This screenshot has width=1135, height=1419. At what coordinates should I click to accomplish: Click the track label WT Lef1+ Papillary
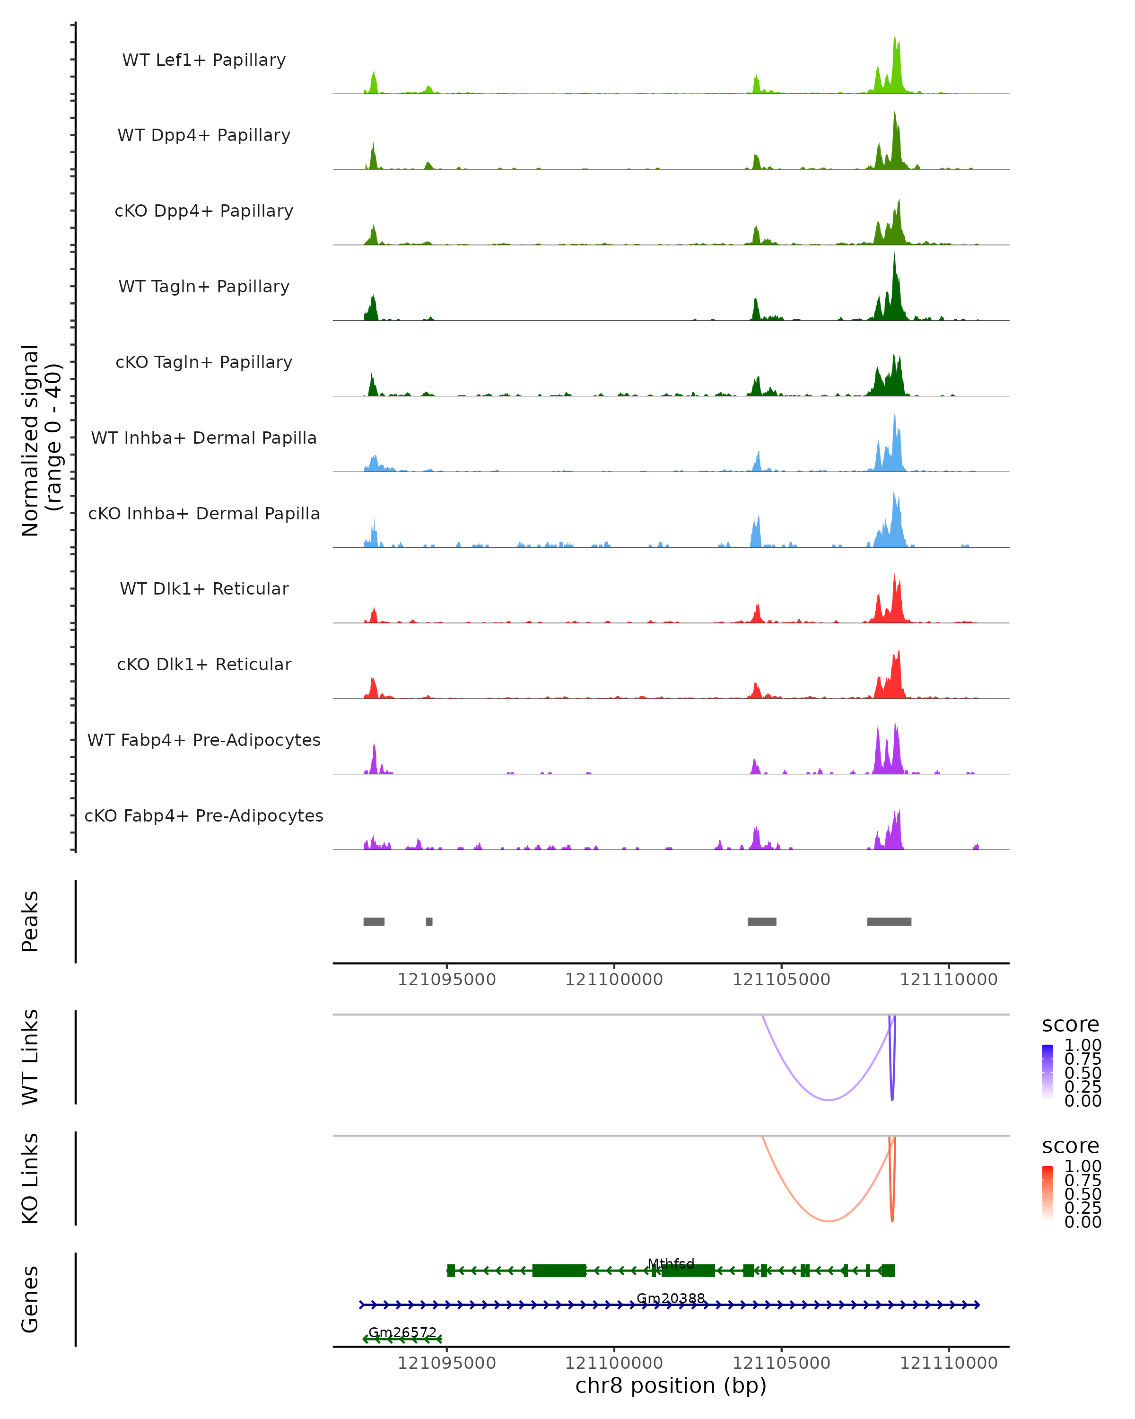204,60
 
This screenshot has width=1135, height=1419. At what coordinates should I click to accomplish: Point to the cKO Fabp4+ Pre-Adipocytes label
204,815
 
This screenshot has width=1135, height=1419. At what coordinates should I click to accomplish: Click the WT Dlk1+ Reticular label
204,588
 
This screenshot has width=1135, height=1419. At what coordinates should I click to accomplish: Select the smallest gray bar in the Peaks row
429,921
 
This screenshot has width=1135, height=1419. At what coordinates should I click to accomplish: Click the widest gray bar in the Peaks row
889,921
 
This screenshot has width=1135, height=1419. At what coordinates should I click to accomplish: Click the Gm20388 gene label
671,1298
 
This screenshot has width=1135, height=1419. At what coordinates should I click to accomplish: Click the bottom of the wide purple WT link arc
829,1099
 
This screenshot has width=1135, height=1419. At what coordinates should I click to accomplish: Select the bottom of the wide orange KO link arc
829,1221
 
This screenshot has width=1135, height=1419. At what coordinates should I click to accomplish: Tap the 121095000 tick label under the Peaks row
447,980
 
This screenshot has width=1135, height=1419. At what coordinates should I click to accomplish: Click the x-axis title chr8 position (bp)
671,1385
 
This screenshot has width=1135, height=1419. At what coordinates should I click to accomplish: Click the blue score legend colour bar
1048,1072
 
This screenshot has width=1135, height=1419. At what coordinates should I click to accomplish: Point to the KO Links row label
30,1178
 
